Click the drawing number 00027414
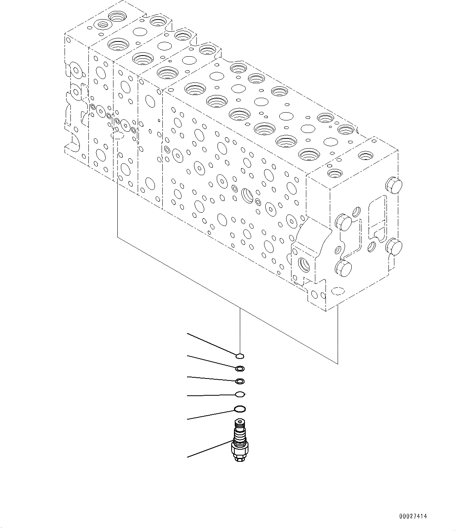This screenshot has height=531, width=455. pos(414,517)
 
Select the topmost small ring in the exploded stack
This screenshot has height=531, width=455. pos(240,355)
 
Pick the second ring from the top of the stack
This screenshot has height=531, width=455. pos(240,368)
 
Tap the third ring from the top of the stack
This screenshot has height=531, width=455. pos(240,381)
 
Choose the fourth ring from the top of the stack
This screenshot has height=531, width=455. pos(240,394)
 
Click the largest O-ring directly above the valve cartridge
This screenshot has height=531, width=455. pos(240,409)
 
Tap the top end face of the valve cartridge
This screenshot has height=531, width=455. pos(239,422)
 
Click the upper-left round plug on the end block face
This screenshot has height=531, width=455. pos(343,222)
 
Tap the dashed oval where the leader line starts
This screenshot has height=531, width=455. pos(118,136)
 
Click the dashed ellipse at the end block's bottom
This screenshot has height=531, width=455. pos(337,291)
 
